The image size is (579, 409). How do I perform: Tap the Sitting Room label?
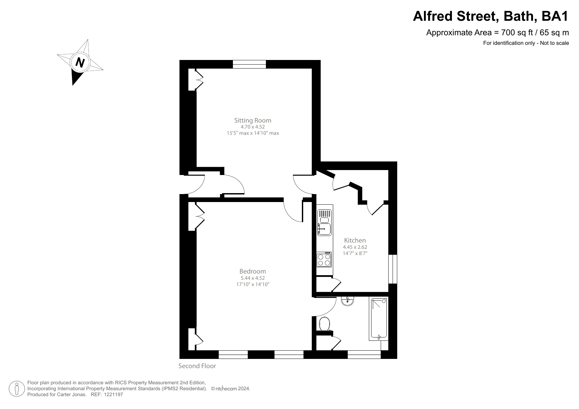point(253,120)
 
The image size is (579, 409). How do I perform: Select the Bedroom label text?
point(253,271)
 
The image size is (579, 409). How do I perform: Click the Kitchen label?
point(355,240)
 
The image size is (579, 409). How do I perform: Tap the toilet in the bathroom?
point(324,324)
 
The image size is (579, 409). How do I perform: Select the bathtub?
point(379,318)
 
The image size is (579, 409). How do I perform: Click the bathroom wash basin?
point(347,301)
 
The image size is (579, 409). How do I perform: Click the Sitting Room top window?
point(249,64)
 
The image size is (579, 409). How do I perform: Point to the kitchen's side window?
point(393,269)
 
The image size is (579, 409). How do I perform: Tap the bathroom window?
point(364,355)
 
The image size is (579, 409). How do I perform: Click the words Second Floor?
point(197,366)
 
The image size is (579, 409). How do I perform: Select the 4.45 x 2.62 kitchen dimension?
point(355,247)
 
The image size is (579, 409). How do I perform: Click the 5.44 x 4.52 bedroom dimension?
point(253,278)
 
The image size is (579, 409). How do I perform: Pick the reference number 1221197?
point(113,394)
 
